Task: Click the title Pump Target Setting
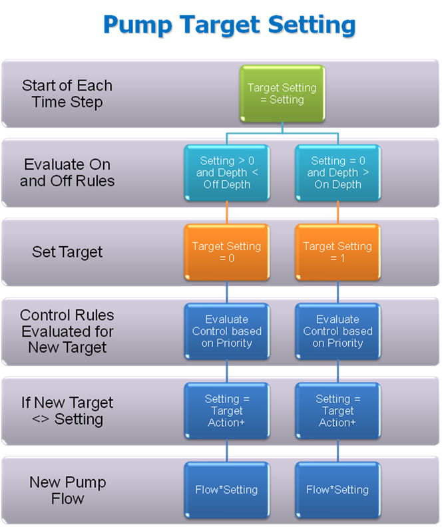[x=230, y=25]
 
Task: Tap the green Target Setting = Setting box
[x=282, y=93]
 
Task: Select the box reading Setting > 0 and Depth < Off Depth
[x=227, y=173]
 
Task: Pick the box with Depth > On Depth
[x=337, y=173]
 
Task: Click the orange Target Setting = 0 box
[x=227, y=252]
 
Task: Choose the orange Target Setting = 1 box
[x=337, y=252]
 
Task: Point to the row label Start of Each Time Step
[x=67, y=94]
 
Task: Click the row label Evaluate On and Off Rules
[x=67, y=173]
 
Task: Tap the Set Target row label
[x=67, y=252]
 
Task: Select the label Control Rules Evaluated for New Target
[x=67, y=331]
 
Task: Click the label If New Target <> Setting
[x=67, y=411]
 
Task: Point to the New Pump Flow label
[x=67, y=490]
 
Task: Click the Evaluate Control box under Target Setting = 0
[x=227, y=331]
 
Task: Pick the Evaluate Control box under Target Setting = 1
[x=337, y=331]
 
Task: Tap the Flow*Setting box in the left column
[x=227, y=490]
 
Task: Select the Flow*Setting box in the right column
[x=337, y=490]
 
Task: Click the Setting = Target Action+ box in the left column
[x=227, y=411]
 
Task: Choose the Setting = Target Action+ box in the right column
[x=337, y=411]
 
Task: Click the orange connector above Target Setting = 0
[x=227, y=213]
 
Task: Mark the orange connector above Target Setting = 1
[x=337, y=213]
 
